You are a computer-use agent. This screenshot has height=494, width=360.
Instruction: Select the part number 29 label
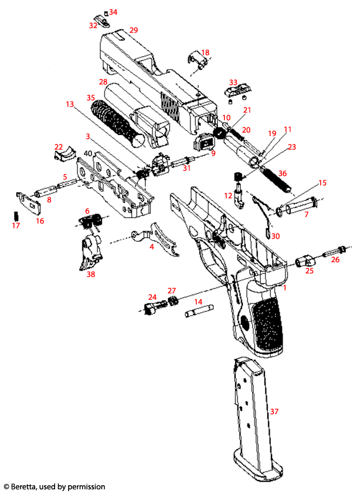point(133,30)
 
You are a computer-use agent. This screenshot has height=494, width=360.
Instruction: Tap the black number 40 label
point(87,153)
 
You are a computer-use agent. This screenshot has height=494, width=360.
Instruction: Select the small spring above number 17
point(16,215)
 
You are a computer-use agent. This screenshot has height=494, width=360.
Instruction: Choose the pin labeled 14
point(198,314)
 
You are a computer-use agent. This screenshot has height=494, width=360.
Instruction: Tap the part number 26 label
point(335,259)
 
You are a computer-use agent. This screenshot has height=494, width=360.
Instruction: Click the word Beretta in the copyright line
point(28,486)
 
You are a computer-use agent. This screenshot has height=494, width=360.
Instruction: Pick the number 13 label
point(70,104)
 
